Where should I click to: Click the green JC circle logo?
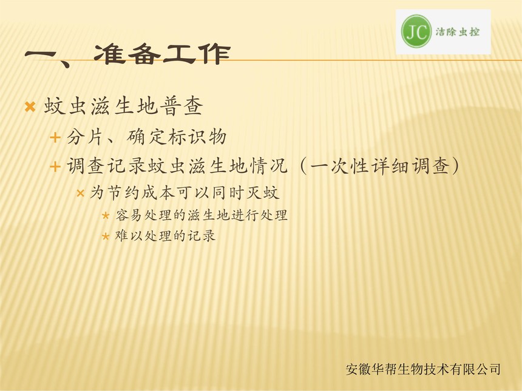tap(416, 32)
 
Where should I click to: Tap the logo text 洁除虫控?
tap(458, 32)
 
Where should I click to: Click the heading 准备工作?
tap(162, 54)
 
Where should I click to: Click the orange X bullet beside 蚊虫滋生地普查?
tap(30, 107)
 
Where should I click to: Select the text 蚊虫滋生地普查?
tap(123, 107)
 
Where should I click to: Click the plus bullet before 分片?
tap(55, 138)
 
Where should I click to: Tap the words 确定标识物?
tap(177, 136)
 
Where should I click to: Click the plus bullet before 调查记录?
tap(55, 166)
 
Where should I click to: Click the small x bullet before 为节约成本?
tap(80, 193)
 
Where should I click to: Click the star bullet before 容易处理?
tap(106, 216)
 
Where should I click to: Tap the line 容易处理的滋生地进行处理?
tap(201, 215)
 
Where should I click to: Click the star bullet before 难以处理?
tap(106, 236)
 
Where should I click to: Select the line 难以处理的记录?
tap(165, 236)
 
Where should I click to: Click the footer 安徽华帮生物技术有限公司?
tap(423, 369)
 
